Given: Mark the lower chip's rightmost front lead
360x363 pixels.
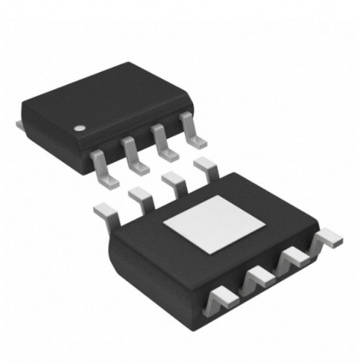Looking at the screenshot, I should pos(326,240).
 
